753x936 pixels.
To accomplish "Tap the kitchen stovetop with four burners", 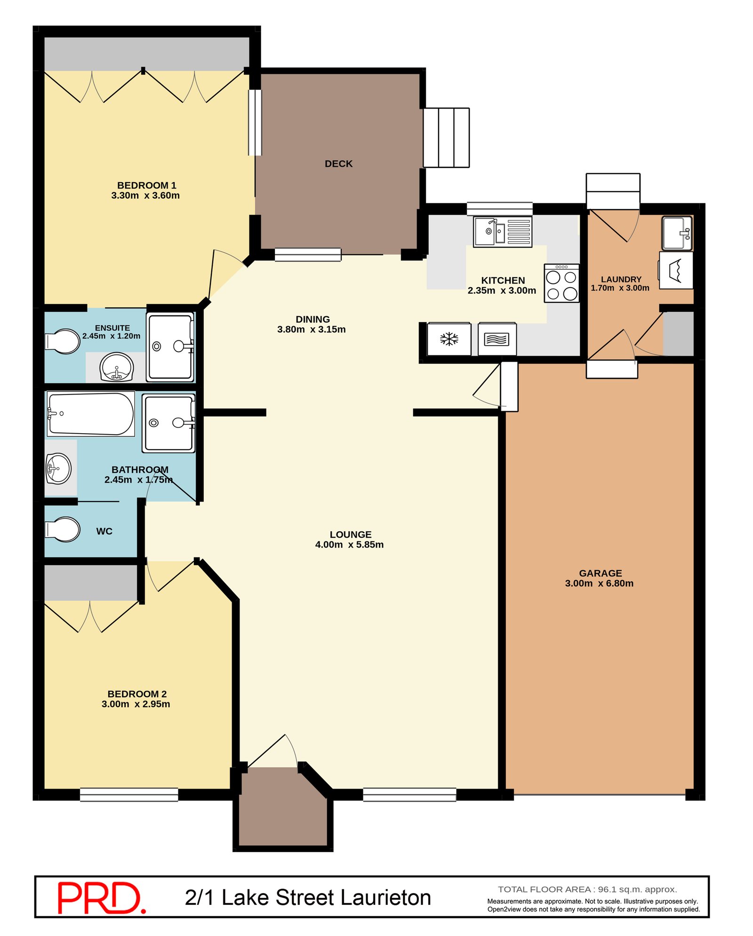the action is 561,283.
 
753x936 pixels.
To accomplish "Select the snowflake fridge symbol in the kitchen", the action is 449,339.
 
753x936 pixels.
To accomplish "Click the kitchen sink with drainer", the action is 503,232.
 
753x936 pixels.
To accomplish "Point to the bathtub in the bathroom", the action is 91,414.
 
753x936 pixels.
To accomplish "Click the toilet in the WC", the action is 63,529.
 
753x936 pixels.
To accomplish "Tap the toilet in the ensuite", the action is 63,341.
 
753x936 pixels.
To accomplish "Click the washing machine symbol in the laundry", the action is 676,270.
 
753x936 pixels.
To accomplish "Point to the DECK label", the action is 338,164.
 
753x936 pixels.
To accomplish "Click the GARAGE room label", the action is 601,573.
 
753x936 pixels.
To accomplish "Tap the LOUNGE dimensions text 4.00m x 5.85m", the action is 349,545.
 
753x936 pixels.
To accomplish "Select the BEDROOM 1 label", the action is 147,186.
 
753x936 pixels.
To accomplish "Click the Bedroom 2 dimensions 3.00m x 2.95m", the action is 136,704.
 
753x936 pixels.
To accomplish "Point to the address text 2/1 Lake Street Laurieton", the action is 308,897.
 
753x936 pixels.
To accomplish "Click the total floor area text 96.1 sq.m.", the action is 587,889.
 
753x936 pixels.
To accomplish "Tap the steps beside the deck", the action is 446,137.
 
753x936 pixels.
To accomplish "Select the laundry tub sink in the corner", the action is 677,233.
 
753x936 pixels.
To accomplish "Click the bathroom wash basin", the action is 59,468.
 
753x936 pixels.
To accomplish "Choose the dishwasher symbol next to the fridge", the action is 497,339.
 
